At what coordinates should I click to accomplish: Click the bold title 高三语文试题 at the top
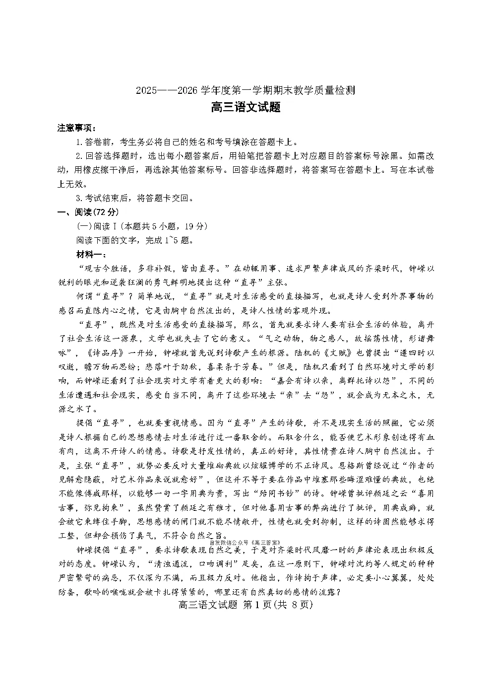point(246,107)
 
